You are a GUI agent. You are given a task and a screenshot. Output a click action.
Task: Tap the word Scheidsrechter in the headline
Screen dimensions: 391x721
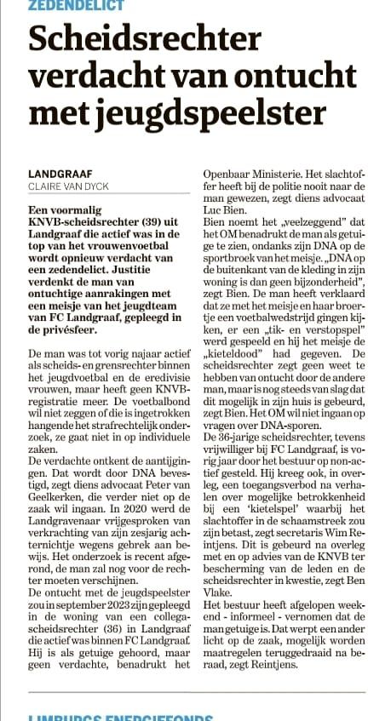pyautogui.click(x=144, y=40)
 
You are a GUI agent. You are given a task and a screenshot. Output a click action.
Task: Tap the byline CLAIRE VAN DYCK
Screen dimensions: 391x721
pyautogui.click(x=67, y=186)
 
